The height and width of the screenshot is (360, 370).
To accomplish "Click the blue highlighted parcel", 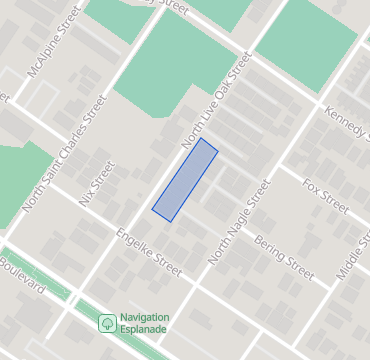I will click(x=185, y=180).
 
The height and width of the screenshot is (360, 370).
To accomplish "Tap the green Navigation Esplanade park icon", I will click(x=106, y=323).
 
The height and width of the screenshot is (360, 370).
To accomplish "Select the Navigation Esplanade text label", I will click(x=144, y=324).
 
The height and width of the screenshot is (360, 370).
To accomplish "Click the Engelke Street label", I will click(x=149, y=255).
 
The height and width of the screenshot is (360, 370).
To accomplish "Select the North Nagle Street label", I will click(x=239, y=222).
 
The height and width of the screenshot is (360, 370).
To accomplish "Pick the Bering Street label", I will click(x=284, y=257).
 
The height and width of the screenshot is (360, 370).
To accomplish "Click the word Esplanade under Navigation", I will click(x=144, y=330).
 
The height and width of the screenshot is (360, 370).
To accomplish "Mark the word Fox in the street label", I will click(x=311, y=190).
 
